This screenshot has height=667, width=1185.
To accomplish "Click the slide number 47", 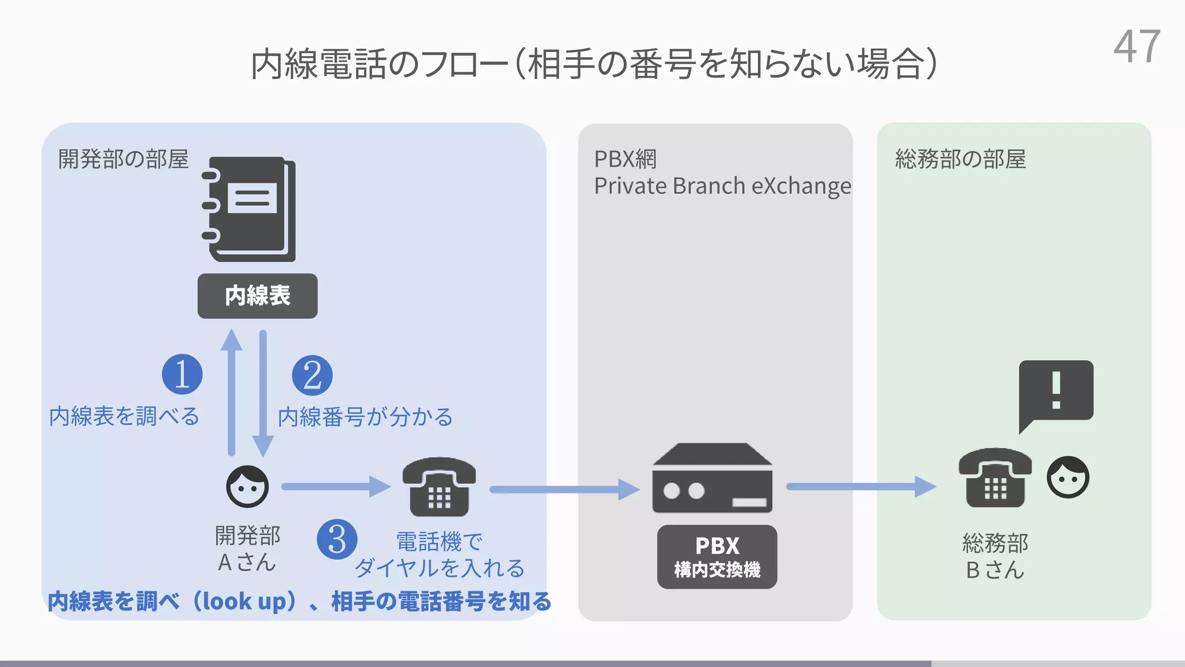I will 1136,47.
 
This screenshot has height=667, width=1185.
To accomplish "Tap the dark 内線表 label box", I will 257,296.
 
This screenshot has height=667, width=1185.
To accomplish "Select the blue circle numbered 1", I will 182,375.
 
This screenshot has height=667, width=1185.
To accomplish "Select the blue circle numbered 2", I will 312,376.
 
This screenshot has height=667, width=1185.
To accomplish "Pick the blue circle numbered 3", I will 337,540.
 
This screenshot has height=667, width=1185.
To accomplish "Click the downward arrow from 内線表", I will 263,394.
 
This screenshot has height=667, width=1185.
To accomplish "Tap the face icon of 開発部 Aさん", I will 248,486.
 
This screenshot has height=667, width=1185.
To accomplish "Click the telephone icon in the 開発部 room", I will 439,487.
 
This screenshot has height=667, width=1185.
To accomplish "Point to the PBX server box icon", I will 712,478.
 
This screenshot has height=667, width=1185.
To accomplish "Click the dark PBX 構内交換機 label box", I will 717,556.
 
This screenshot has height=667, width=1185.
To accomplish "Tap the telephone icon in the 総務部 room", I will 995,478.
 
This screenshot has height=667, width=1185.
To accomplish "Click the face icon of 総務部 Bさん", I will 1068,477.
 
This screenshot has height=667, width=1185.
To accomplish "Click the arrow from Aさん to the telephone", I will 336,486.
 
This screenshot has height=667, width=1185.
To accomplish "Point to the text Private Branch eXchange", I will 722,186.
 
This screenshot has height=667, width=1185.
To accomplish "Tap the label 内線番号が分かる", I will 365,417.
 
